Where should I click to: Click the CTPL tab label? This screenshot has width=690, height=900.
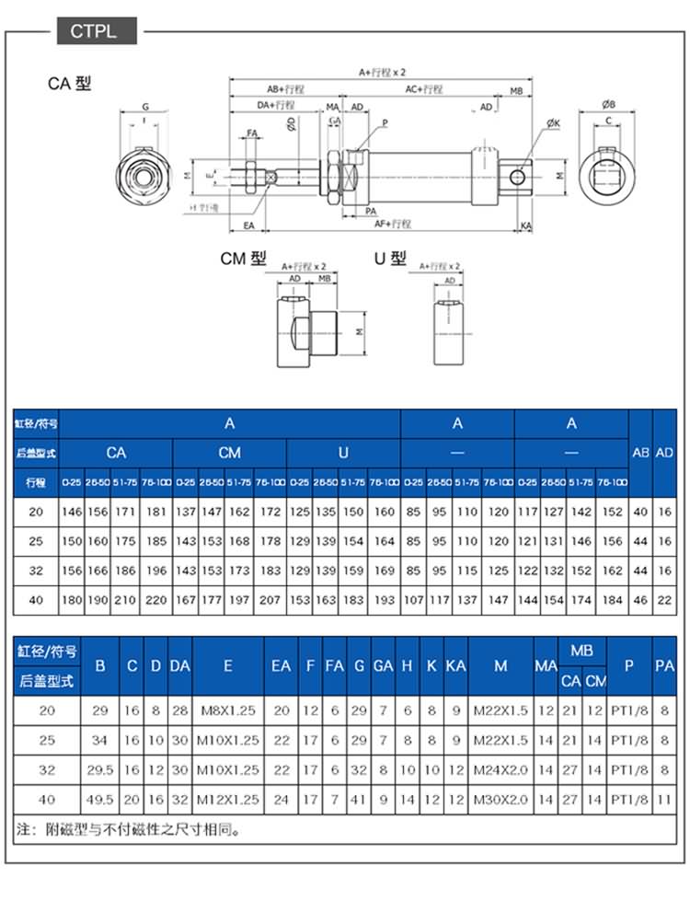pos(93,31)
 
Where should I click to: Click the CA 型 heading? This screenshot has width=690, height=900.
pos(70,84)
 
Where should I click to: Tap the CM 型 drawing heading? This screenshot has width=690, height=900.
pos(243,259)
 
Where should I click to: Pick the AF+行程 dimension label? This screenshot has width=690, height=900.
pos(393,224)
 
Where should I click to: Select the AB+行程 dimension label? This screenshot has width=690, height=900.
pos(285,89)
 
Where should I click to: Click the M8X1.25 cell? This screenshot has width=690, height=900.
pos(228,710)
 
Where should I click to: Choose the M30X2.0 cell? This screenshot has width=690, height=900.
pos(500,799)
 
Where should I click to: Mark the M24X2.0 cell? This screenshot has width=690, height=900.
pos(500,769)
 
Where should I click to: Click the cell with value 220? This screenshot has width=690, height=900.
pos(156,600)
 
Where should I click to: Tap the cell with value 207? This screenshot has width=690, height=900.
pos(270,600)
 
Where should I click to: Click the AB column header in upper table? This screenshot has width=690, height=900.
pos(640,452)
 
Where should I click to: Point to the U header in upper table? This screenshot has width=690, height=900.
pos(343,452)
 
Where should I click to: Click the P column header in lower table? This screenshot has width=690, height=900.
pos(629,664)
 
